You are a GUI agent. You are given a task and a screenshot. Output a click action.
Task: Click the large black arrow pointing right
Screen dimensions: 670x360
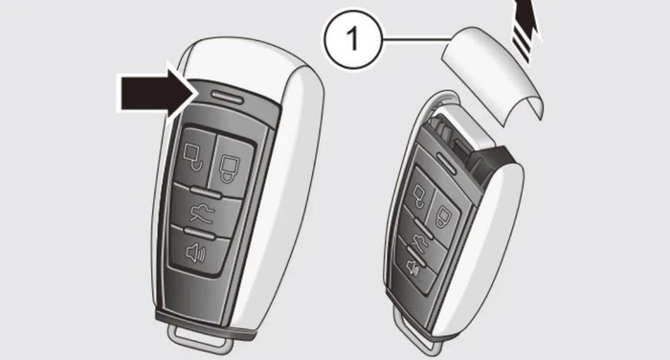tap(157, 94)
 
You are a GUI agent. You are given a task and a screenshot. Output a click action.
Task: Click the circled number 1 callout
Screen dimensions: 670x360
tap(353, 39)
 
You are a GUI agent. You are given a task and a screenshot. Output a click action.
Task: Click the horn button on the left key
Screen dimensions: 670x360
tap(197, 252)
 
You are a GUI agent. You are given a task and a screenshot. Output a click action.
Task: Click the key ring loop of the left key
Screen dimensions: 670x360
tap(199, 339)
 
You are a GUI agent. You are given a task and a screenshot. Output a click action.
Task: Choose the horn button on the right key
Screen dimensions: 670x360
tap(414, 267)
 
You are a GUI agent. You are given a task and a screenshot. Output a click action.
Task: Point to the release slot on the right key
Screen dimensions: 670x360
tap(446, 162)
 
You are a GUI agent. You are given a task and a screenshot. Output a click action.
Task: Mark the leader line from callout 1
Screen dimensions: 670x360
tap(416, 40)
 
